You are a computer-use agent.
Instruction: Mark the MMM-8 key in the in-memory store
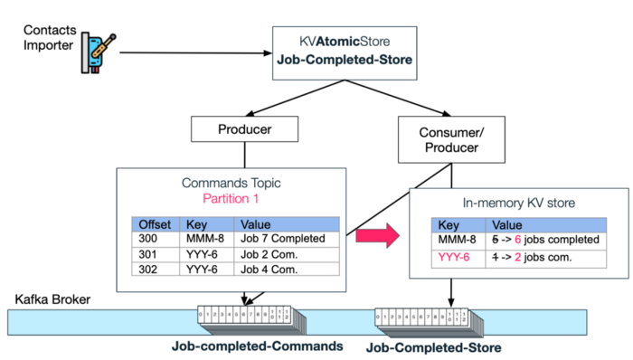click(x=454, y=240)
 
